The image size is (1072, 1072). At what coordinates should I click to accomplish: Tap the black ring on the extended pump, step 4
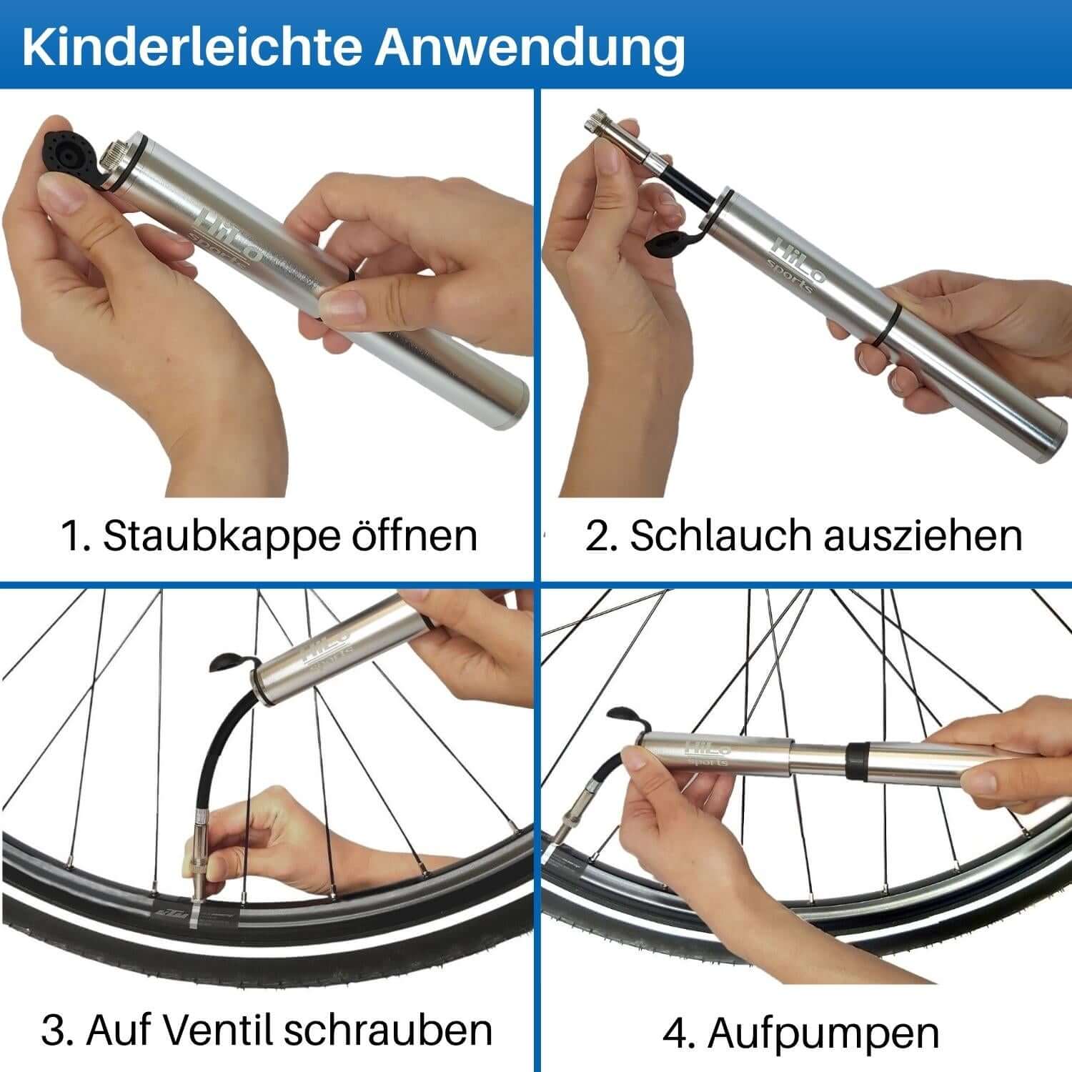click(856, 760)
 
